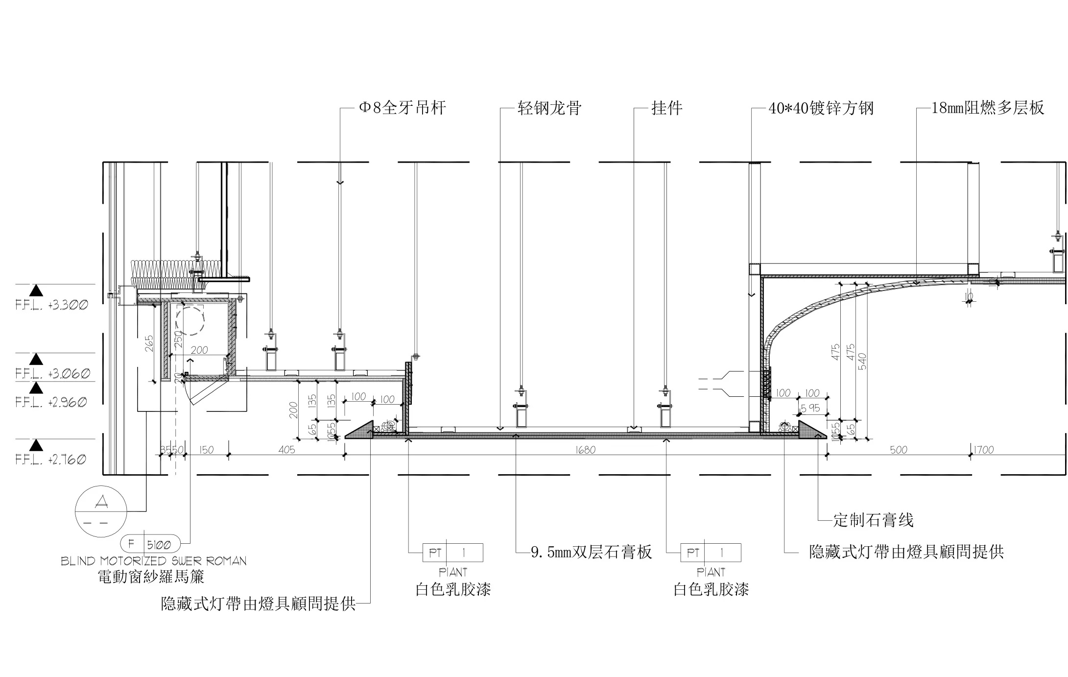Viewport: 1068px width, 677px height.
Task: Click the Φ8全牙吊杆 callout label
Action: [403, 108]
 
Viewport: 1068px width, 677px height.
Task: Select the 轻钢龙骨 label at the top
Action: [549, 108]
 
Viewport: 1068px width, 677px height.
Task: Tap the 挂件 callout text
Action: [666, 108]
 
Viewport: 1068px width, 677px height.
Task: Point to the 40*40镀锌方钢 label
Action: [821, 108]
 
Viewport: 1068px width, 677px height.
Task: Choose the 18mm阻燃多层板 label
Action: [987, 108]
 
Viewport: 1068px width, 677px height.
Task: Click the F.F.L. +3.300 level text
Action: [52, 305]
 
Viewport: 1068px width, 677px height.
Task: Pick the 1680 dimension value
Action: [586, 450]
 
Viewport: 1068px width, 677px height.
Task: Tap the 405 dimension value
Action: [286, 450]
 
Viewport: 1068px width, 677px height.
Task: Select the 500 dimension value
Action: [899, 450]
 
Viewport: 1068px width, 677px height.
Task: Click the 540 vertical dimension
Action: [862, 362]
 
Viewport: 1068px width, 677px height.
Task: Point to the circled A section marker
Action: [101, 511]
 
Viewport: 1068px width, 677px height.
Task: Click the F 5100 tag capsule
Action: [150, 544]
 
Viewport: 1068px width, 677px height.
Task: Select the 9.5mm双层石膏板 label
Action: [591, 553]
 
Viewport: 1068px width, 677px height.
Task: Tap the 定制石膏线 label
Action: [873, 520]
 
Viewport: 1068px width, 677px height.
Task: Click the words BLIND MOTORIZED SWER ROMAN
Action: [154, 561]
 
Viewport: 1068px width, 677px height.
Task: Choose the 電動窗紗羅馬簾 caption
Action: [151, 577]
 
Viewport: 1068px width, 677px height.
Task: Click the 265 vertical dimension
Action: [150, 343]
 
